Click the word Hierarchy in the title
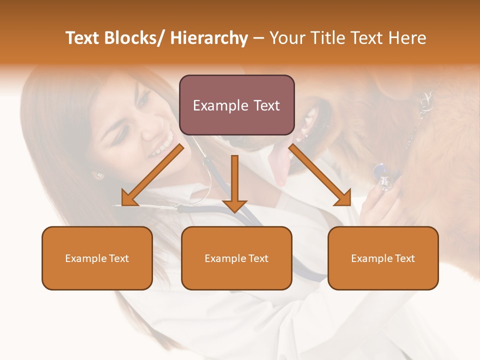point(209,38)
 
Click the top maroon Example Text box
point(236,105)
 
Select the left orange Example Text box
point(97,258)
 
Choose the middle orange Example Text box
point(236,258)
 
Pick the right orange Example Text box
point(383,258)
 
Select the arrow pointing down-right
point(320,175)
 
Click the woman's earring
point(98,175)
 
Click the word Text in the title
point(83,38)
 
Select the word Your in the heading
point(287,38)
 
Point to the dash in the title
point(258,38)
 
